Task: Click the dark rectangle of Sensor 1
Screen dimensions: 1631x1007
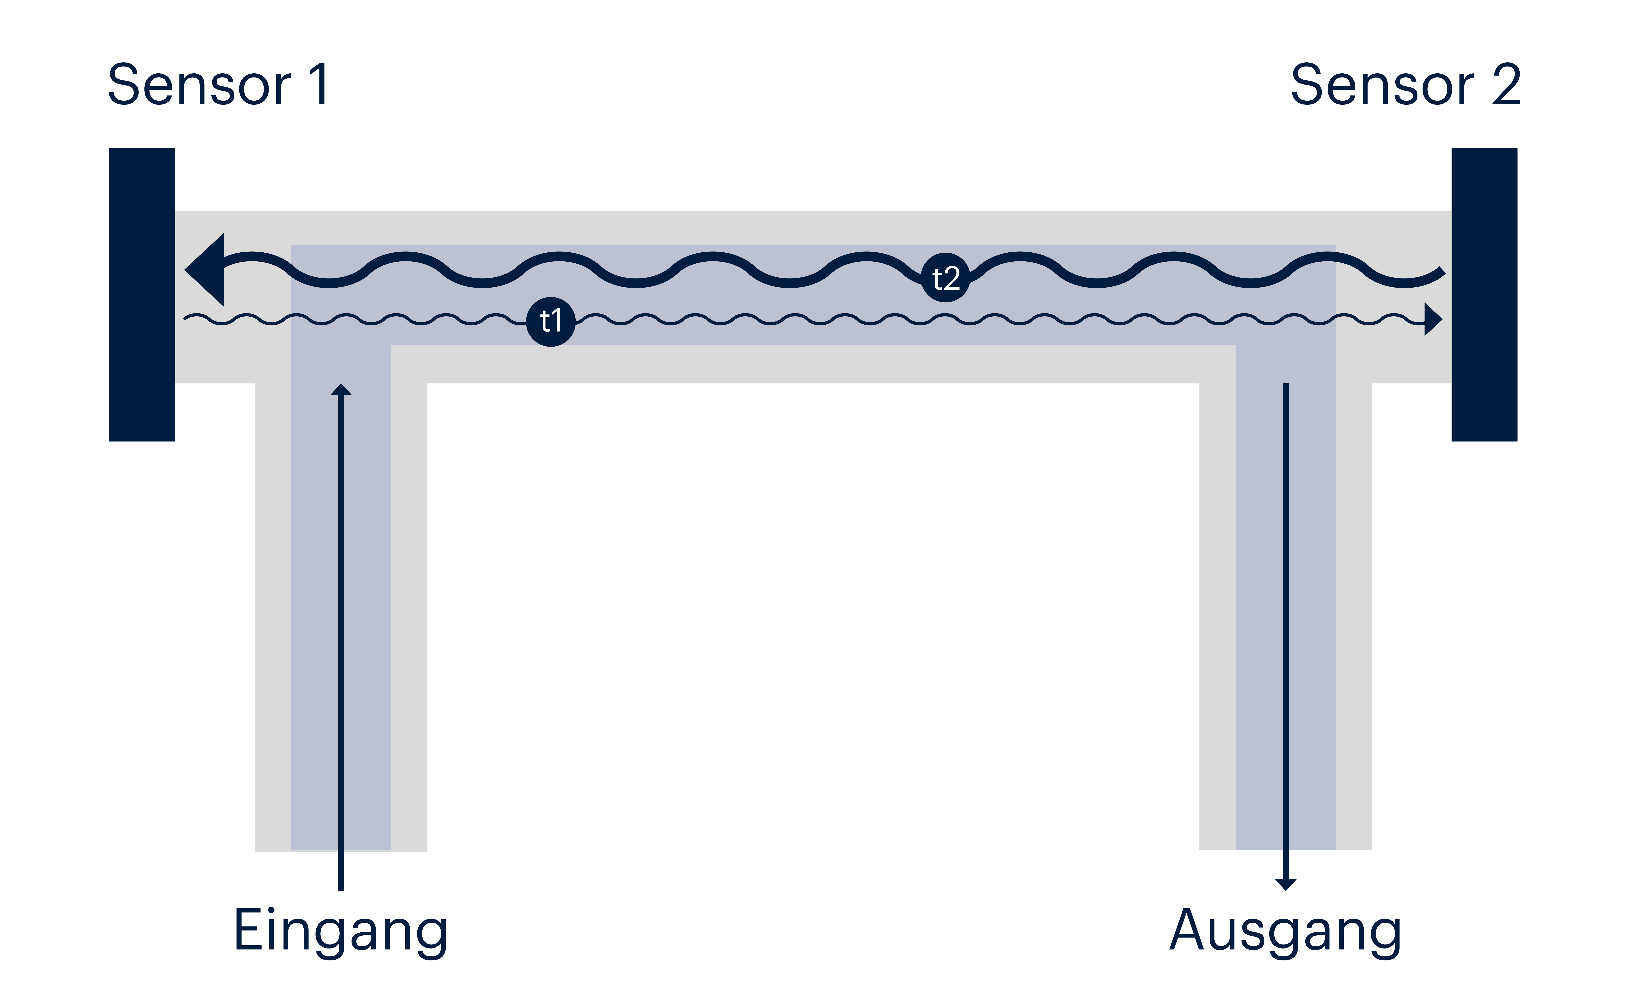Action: pos(142,294)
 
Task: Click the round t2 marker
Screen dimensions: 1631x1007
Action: pos(945,278)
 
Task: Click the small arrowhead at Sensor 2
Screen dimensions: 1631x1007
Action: pos(1433,320)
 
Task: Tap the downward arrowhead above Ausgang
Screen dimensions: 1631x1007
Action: pos(1285,885)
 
